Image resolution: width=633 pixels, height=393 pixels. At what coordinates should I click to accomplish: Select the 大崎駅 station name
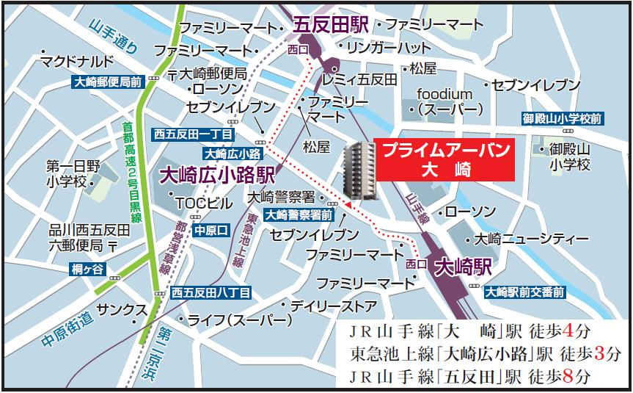pyautogui.click(x=462, y=266)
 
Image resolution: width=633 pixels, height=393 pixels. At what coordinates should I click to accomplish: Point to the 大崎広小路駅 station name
pyautogui.click(x=217, y=175)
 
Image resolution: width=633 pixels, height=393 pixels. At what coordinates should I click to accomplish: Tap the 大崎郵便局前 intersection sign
pyautogui.click(x=109, y=83)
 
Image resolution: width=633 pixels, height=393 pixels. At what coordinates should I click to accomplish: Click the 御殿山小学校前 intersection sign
pyautogui.click(x=563, y=118)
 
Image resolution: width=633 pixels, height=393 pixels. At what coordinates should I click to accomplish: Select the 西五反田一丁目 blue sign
pyautogui.click(x=193, y=134)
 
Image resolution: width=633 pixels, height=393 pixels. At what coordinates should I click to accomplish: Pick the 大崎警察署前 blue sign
pyautogui.click(x=298, y=215)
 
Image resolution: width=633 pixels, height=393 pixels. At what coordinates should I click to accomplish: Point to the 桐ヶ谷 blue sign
pyautogui.click(x=89, y=268)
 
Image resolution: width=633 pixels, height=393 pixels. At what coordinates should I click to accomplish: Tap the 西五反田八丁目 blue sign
pyautogui.click(x=211, y=292)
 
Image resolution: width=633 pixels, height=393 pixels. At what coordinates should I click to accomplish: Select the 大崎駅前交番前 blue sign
pyautogui.click(x=524, y=292)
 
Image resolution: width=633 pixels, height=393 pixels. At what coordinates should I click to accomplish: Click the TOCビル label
pyautogui.click(x=200, y=202)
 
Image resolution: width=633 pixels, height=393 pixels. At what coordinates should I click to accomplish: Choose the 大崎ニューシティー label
pyautogui.click(x=530, y=239)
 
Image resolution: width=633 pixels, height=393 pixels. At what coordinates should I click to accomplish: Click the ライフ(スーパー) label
pyautogui.click(x=240, y=320)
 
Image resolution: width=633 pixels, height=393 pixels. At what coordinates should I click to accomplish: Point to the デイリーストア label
pyautogui.click(x=334, y=305)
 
